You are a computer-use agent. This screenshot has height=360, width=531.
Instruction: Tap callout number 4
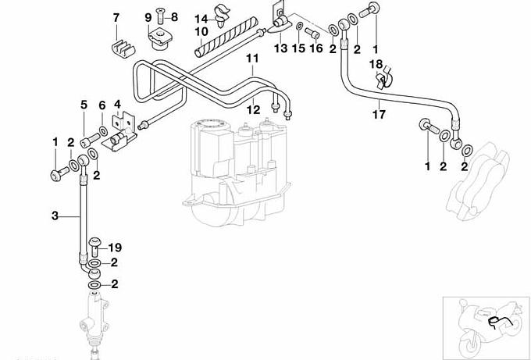[117, 103]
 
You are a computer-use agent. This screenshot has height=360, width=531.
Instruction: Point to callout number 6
[102, 105]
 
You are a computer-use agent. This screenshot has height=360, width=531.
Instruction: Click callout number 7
[116, 16]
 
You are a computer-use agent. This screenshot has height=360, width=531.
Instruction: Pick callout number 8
[174, 16]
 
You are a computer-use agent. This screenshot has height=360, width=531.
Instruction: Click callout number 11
[251, 58]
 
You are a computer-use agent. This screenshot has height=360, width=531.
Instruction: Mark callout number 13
[281, 48]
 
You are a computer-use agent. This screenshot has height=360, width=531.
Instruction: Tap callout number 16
[315, 48]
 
